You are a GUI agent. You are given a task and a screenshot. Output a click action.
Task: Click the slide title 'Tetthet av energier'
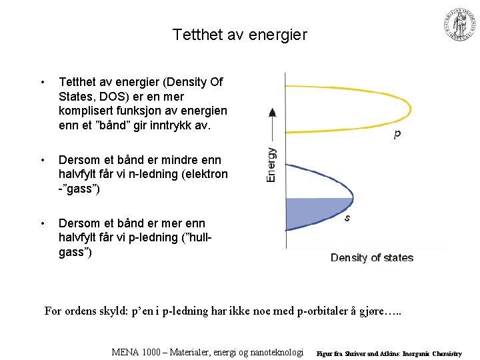240,34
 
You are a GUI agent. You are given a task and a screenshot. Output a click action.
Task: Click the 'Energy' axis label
271,165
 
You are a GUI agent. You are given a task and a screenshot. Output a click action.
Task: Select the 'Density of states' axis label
372,258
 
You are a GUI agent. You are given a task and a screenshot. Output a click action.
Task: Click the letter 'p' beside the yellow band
397,133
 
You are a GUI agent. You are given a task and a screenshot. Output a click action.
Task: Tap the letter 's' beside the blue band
347,217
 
